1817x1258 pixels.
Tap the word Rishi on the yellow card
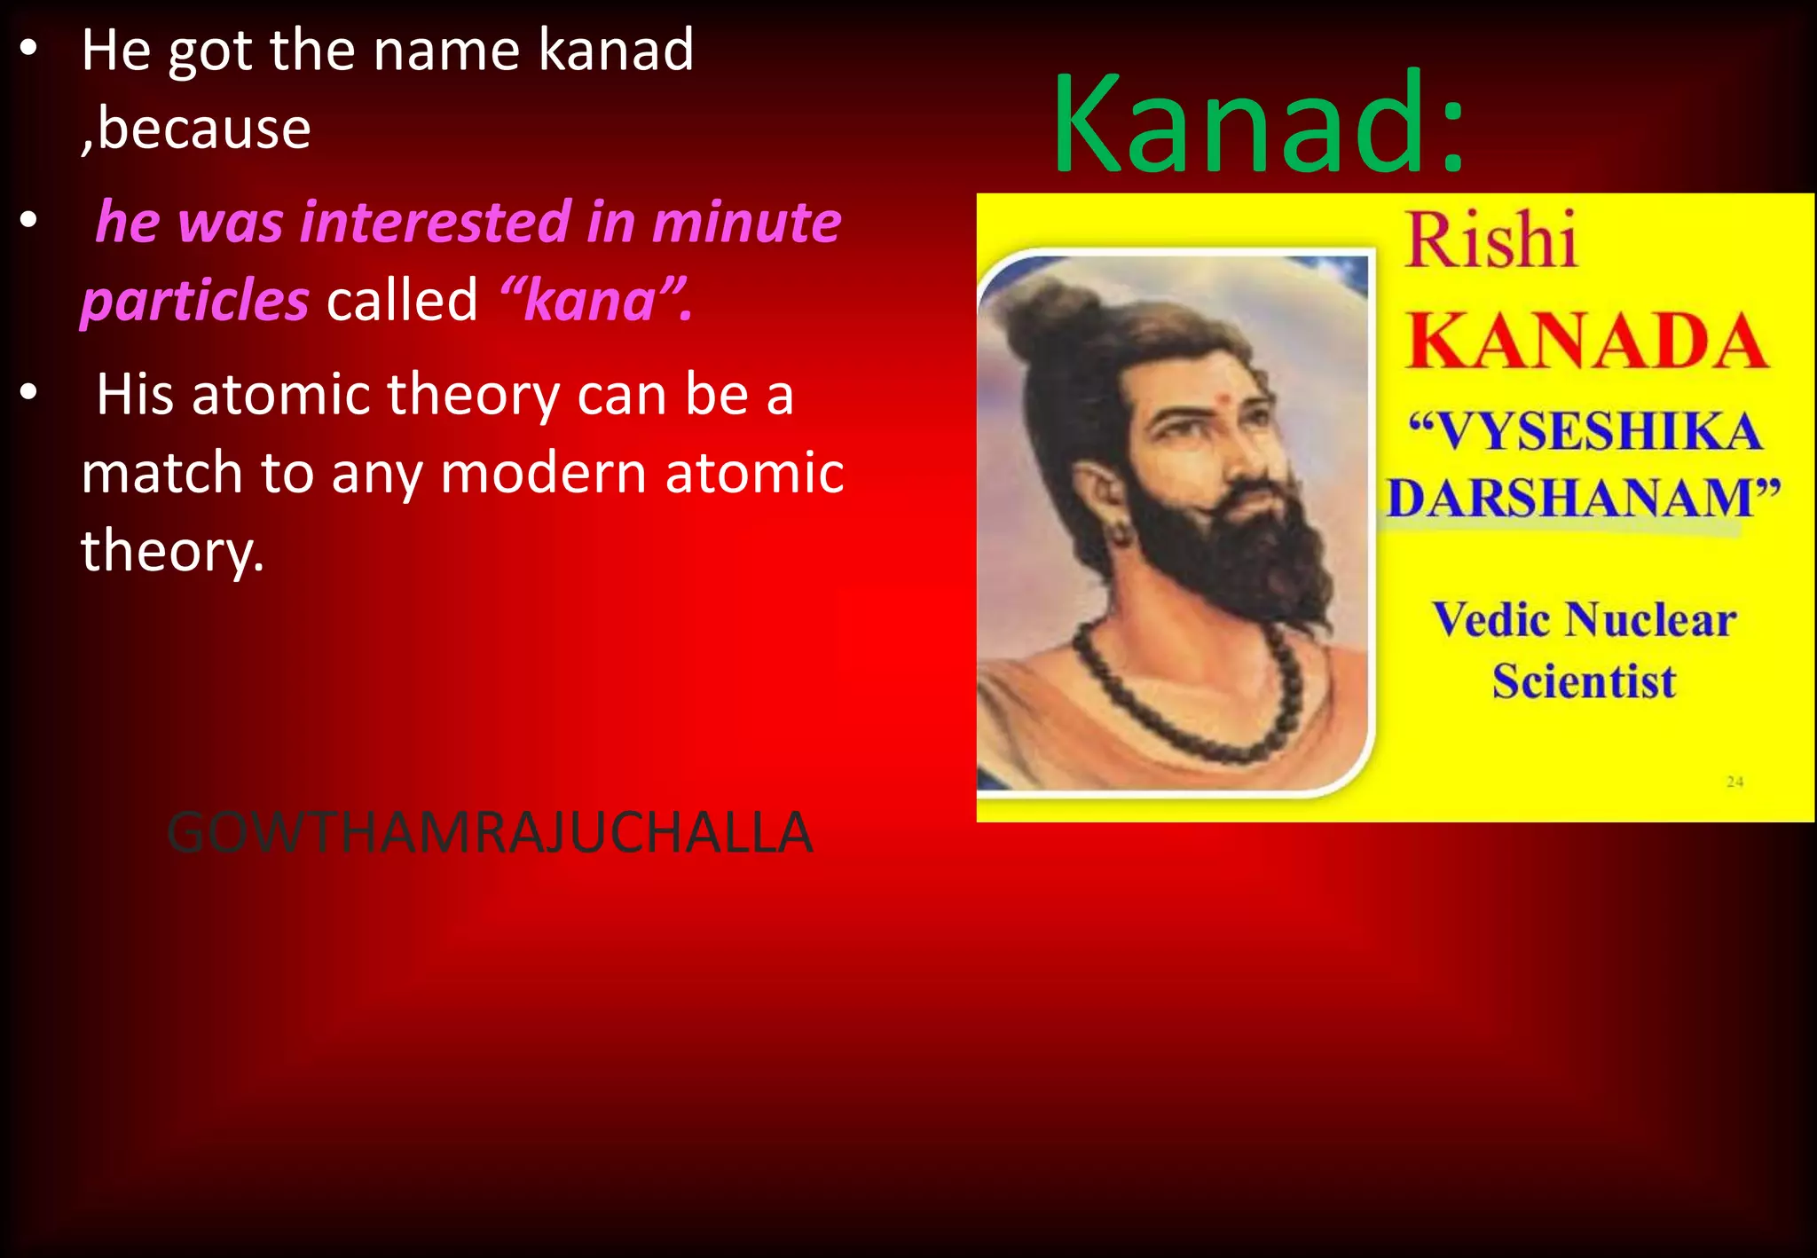[x=1491, y=241]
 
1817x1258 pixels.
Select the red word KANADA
[x=1586, y=342]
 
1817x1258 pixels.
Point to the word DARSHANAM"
[x=1583, y=498]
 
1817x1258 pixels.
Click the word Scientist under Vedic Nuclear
[x=1584, y=681]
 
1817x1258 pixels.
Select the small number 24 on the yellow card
[x=1734, y=782]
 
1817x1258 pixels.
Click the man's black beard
[x=1233, y=550]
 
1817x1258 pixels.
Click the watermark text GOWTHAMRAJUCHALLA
[x=490, y=833]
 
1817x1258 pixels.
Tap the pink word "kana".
[x=595, y=300]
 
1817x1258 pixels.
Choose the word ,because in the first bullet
[x=196, y=129]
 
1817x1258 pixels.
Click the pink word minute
[x=746, y=222]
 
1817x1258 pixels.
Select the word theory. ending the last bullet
[x=173, y=551]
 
